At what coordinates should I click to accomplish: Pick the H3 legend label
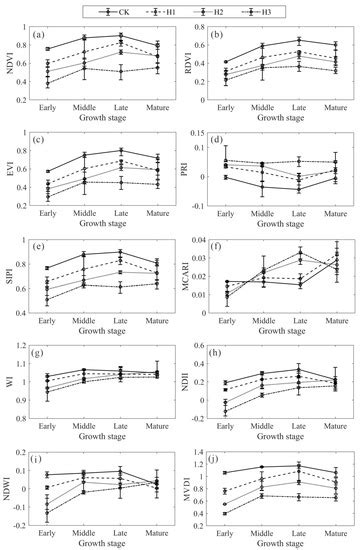[277, 9]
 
